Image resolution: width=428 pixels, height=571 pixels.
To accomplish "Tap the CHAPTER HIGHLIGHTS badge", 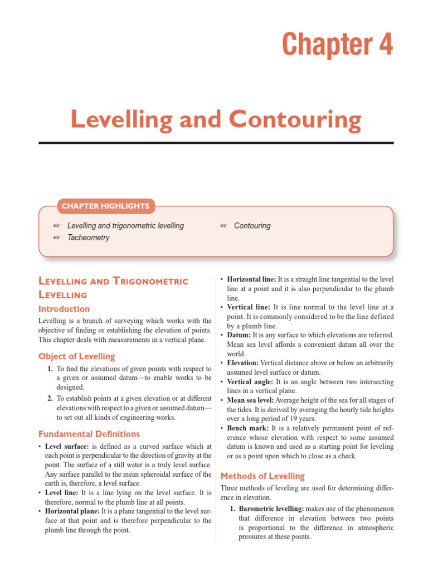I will click(105, 206).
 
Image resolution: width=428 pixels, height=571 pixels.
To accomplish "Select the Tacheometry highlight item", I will click(88, 238).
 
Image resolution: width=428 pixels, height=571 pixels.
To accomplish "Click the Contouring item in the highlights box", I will click(252, 226).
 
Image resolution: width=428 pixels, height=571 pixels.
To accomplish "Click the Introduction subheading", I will click(64, 309).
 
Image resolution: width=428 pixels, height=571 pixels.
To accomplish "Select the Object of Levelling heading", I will click(76, 356).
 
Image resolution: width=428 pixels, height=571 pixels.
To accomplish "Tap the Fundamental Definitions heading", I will click(89, 434).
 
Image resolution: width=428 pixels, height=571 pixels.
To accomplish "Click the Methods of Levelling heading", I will click(262, 476).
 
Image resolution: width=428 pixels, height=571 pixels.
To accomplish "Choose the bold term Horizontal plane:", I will click(70, 511).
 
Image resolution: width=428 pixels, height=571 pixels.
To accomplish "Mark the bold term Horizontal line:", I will click(251, 278).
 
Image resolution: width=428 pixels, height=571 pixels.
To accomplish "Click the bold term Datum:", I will click(239, 335).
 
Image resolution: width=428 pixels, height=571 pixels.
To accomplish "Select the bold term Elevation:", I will click(243, 363).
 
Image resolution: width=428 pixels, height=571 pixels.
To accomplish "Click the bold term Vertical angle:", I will click(250, 382).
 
